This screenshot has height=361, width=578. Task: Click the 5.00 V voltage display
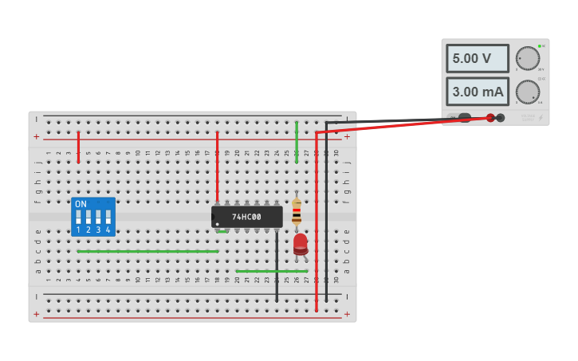point(477,58)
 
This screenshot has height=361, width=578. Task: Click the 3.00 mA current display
point(477,92)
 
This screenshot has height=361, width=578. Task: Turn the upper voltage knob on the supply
point(527,58)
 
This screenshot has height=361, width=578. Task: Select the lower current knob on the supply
point(527,91)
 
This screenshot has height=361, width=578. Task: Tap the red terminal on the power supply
point(490,118)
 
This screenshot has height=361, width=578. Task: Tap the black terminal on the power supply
point(501,118)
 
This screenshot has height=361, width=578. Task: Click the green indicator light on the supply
point(540,46)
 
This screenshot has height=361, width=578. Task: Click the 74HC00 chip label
point(246,217)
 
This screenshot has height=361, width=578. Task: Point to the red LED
point(301,242)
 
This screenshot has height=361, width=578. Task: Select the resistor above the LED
point(297,211)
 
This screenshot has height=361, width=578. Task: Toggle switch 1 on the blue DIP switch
point(78,217)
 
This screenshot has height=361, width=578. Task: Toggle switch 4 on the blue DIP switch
point(108,217)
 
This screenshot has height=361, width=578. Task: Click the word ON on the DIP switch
point(81,204)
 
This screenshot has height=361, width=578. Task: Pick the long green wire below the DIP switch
point(147,251)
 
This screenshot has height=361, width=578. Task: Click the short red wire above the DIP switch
point(78,147)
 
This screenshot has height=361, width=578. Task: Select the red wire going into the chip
point(217,167)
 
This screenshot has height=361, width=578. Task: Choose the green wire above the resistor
point(297,143)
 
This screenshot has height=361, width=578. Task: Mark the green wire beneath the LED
point(271,271)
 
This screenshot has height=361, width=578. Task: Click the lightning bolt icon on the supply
point(540,117)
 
